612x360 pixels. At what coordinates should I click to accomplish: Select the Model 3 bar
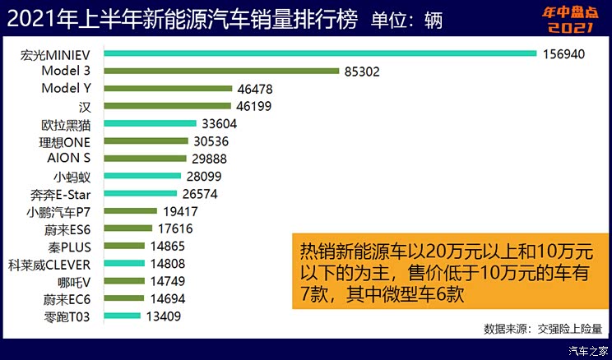pyautogui.click(x=222, y=72)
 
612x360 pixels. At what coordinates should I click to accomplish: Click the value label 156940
pyautogui.click(x=563, y=54)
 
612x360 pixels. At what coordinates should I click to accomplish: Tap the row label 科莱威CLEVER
pyautogui.click(x=55, y=264)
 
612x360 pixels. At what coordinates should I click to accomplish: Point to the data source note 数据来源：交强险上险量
pyautogui.click(x=543, y=329)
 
